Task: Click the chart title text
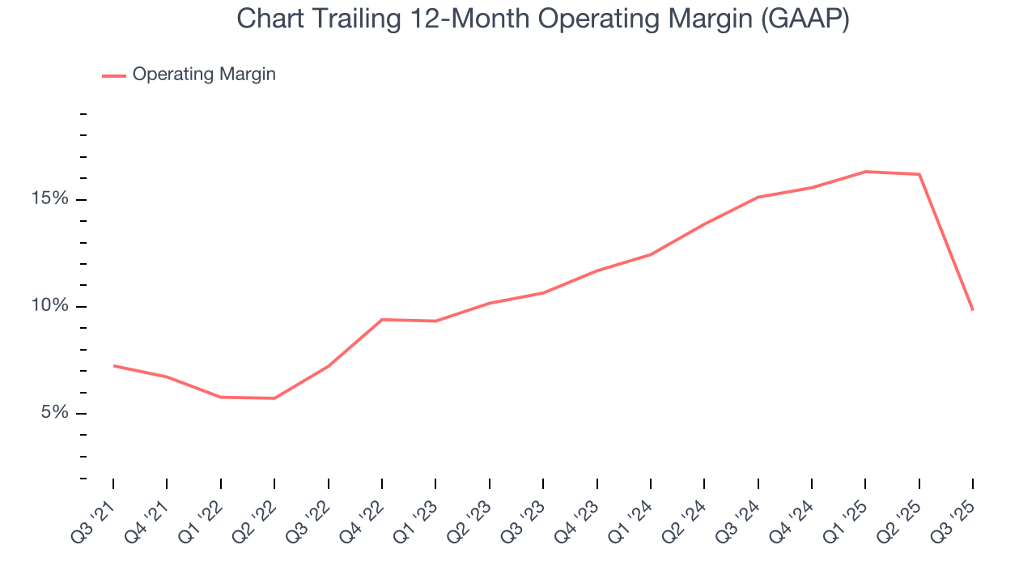click(x=542, y=19)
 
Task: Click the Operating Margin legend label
click(x=204, y=74)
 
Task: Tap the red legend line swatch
click(x=114, y=75)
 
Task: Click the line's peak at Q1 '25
click(x=865, y=172)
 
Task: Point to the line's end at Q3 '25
click(x=972, y=310)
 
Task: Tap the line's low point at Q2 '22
click(x=274, y=398)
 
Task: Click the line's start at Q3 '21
click(x=113, y=365)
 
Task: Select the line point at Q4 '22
click(x=382, y=319)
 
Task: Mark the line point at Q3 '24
click(x=758, y=197)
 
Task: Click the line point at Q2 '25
click(x=919, y=174)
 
